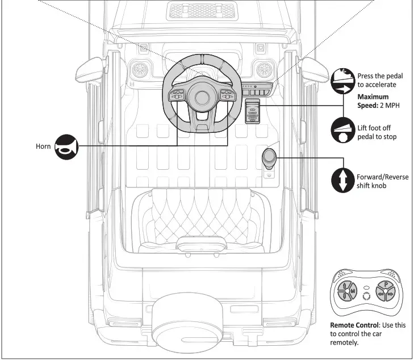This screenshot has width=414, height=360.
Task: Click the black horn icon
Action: pyautogui.click(x=66, y=148)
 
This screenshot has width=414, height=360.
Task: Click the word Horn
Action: pyautogui.click(x=43, y=148)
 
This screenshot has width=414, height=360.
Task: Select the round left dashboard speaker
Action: pyautogui.click(x=140, y=71)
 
